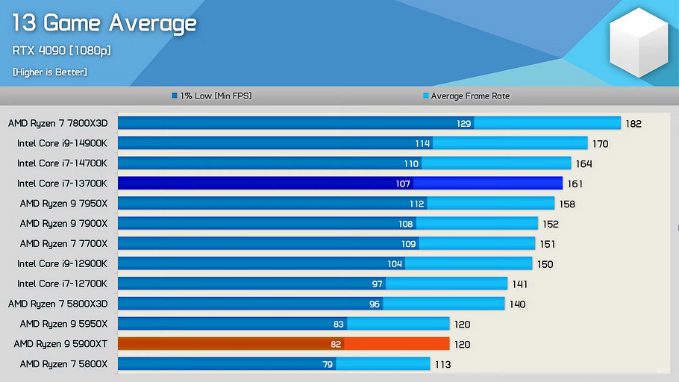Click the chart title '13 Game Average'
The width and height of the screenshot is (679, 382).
104,24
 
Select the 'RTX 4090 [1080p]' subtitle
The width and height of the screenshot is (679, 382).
62,51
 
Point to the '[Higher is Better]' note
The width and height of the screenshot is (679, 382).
50,72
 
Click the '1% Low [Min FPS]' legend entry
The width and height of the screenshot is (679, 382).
215,96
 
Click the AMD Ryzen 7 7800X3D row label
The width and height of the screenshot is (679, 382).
58,123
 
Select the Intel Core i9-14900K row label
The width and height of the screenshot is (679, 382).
63,143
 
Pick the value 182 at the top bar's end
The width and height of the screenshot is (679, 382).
633,124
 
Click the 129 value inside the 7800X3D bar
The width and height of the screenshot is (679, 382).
464,123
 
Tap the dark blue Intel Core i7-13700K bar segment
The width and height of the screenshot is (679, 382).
265,184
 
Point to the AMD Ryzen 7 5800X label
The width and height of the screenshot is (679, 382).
63,364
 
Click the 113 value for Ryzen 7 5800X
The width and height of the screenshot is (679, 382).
442,365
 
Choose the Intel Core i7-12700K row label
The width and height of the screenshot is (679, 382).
63,284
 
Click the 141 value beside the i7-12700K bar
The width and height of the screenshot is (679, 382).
519,284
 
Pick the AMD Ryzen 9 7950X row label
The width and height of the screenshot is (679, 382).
63,203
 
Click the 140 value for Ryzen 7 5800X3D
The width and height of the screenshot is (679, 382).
517,304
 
